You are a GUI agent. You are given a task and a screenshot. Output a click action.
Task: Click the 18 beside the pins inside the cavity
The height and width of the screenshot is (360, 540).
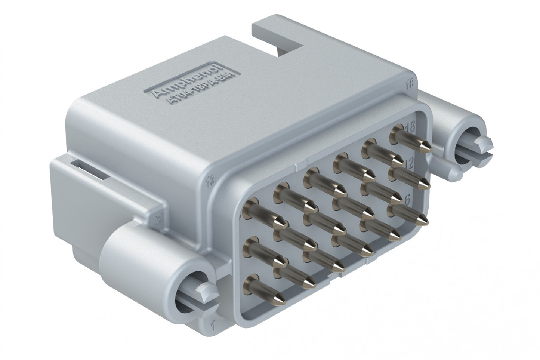410,127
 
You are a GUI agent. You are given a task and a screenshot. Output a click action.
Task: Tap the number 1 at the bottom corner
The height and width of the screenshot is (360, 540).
212,325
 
